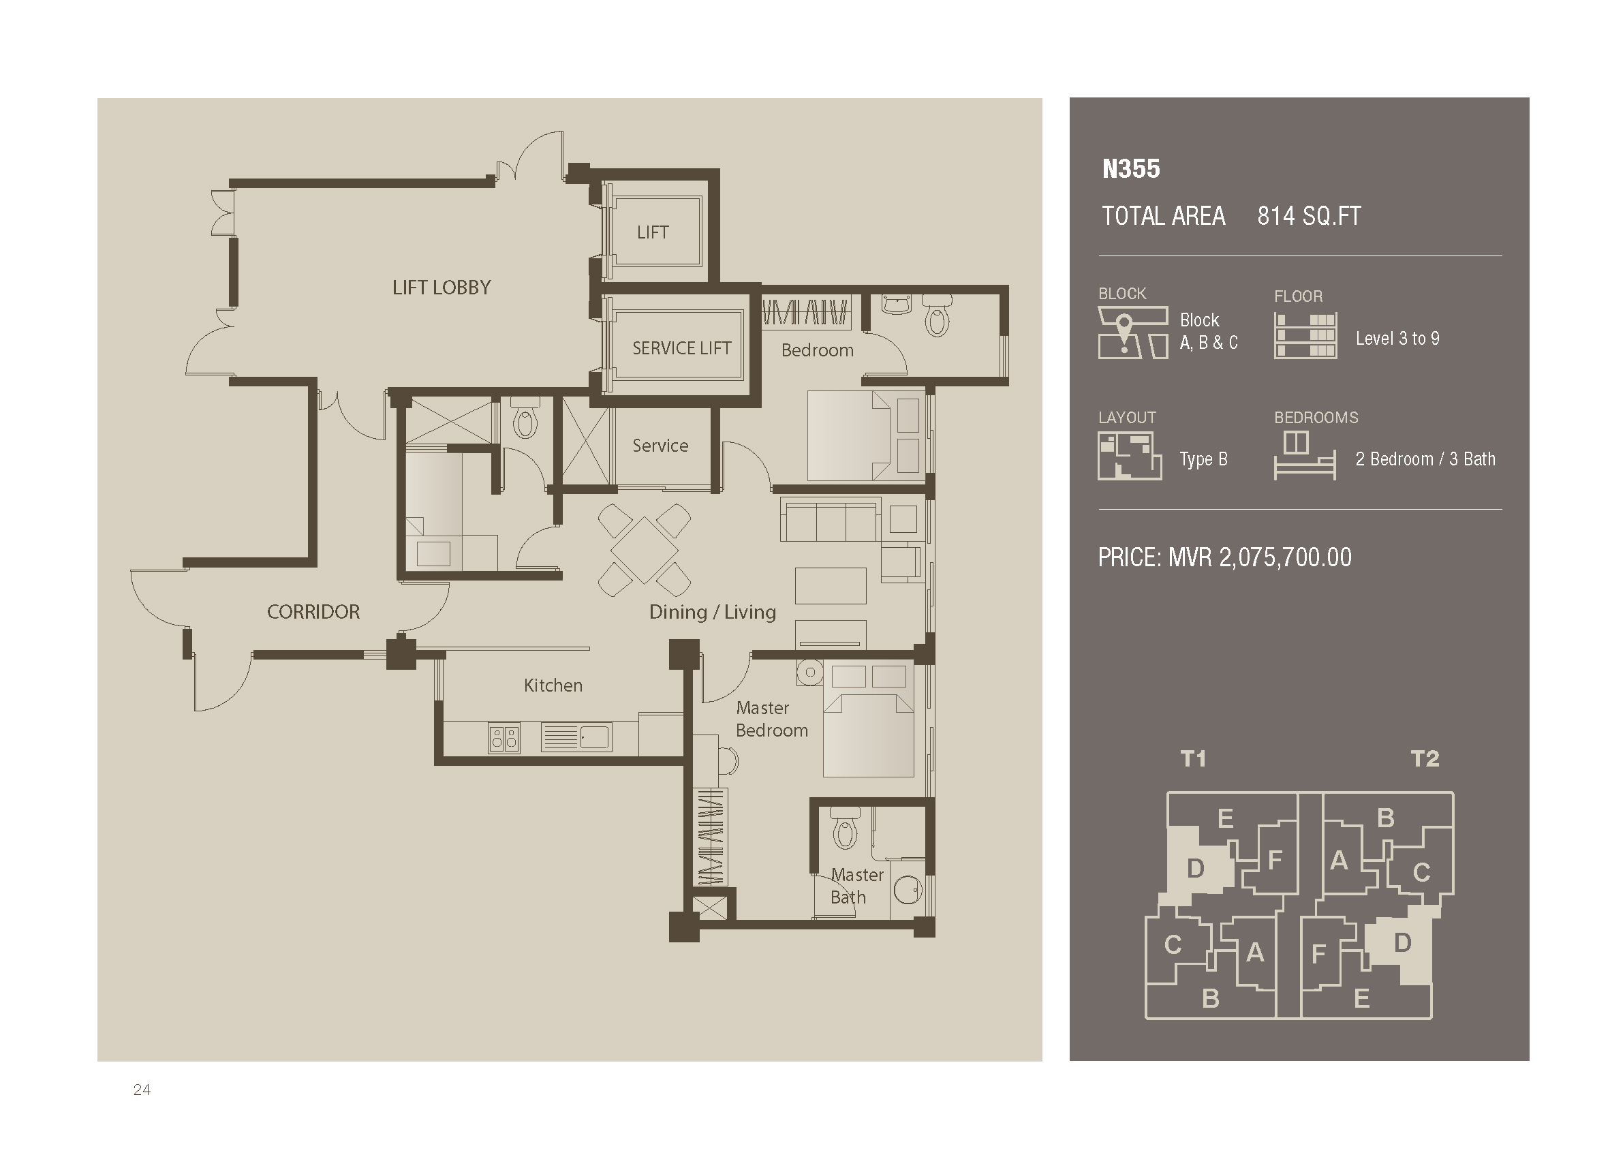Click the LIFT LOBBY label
[x=442, y=288]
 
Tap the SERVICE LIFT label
[x=681, y=347]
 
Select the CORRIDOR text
[x=313, y=612]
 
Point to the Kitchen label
[x=553, y=685]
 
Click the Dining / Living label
[x=712, y=612]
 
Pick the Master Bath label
[x=857, y=886]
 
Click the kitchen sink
[x=576, y=737]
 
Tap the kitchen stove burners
[x=504, y=739]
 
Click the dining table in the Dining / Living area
[x=644, y=550]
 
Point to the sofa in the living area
[x=830, y=519]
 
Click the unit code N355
[x=1131, y=169]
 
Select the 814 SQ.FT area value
[x=1309, y=216]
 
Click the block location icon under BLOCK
[x=1133, y=332]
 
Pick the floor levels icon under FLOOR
[x=1305, y=336]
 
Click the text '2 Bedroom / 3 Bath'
[x=1425, y=459]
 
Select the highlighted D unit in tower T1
[x=1196, y=867]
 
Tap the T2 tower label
[x=1425, y=759]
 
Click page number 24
[x=142, y=1090]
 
